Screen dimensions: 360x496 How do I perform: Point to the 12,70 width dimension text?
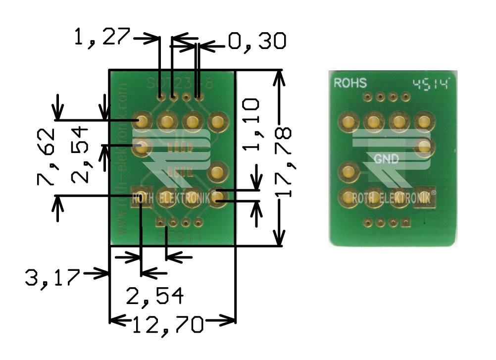168,325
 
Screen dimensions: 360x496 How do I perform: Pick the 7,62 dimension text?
46,157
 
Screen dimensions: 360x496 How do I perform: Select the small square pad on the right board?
406,223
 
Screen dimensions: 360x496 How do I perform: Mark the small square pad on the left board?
160,222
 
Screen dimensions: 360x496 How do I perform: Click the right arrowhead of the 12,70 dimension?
231,320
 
